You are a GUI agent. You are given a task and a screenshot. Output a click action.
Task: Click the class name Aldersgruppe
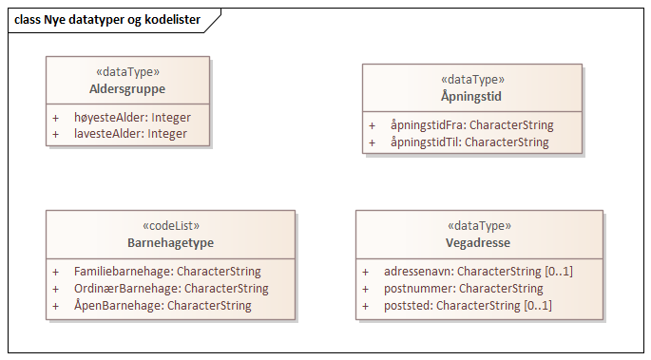click(128, 89)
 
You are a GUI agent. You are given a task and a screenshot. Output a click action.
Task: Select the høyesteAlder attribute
click(132, 118)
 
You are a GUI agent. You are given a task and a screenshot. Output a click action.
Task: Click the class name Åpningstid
click(471, 97)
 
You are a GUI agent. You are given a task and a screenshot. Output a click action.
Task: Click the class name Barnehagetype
click(169, 243)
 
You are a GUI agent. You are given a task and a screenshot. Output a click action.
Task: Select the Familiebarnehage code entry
click(167, 272)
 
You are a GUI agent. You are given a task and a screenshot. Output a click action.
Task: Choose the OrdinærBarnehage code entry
click(171, 289)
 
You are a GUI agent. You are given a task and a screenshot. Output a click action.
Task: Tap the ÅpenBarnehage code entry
click(163, 306)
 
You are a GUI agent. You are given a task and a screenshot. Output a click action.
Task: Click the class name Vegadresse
click(479, 243)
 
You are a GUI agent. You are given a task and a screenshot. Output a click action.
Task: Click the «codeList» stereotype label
click(169, 227)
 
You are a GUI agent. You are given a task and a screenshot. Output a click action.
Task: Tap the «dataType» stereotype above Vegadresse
click(479, 227)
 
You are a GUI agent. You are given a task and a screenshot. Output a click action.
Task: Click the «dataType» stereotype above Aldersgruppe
click(128, 72)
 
